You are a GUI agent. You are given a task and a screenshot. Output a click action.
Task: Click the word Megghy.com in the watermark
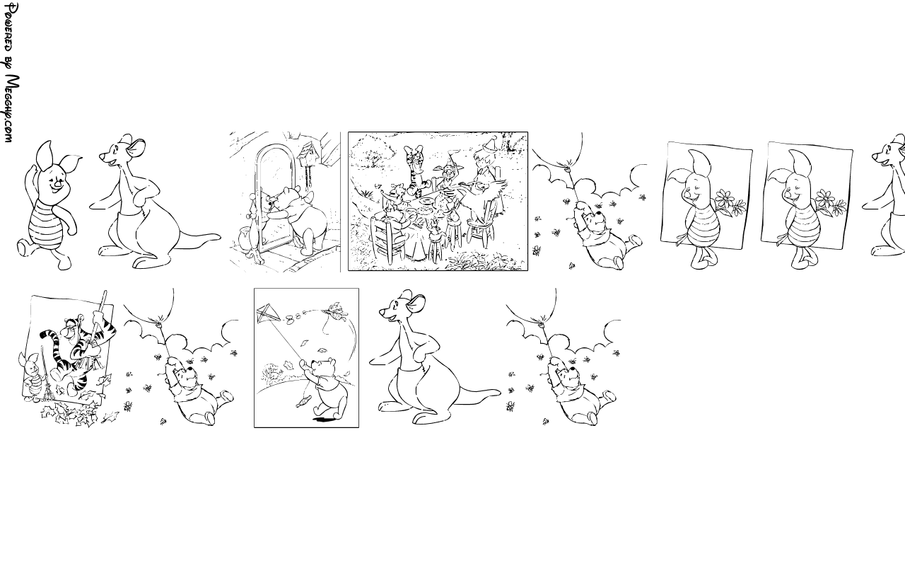click(12, 108)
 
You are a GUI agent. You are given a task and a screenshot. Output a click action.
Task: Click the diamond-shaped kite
click(268, 313)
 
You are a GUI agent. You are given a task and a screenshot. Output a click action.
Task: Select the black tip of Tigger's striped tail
click(45, 335)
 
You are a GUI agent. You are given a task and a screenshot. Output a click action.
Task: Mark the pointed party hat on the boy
click(491, 143)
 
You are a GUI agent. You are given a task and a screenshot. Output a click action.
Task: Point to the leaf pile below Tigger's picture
click(69, 415)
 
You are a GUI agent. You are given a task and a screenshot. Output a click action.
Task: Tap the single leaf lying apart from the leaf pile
click(110, 417)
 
